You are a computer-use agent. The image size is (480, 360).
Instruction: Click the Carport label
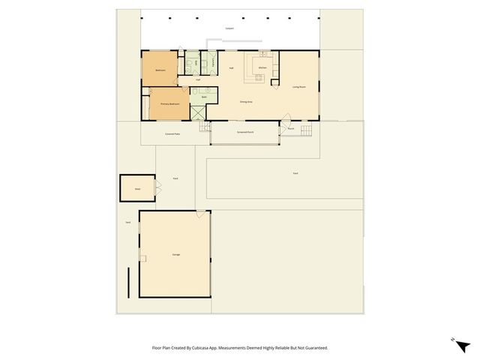229,28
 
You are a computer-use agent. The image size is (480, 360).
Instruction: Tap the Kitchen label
262,68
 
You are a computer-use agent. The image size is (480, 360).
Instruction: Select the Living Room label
300,87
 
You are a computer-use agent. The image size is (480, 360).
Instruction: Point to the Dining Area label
246,101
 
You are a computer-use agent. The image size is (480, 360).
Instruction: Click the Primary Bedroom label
170,103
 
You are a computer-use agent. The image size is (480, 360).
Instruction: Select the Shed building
137,188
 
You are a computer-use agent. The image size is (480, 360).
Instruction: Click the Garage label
175,255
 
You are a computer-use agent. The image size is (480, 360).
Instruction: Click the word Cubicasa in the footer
199,348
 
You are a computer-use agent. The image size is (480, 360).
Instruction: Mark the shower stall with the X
197,113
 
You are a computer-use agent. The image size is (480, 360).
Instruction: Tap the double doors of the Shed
157,188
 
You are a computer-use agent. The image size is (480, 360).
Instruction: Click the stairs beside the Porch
305,131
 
